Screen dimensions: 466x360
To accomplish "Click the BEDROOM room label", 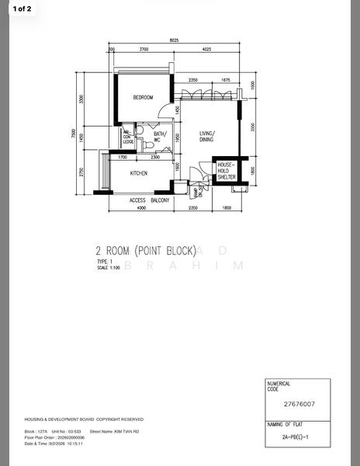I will coord(142,98).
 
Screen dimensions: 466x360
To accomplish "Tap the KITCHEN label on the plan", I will coord(139,173).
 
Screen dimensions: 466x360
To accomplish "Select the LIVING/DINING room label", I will coord(207,137).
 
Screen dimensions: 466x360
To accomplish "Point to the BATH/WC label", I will coord(161,137).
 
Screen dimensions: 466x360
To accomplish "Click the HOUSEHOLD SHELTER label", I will coord(226,171).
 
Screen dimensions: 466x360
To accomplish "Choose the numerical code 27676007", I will coord(299,405).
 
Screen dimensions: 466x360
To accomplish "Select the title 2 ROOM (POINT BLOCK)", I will coord(145,250).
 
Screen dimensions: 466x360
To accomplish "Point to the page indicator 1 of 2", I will coord(22,9).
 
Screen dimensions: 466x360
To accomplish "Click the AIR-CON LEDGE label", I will coord(127,137).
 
